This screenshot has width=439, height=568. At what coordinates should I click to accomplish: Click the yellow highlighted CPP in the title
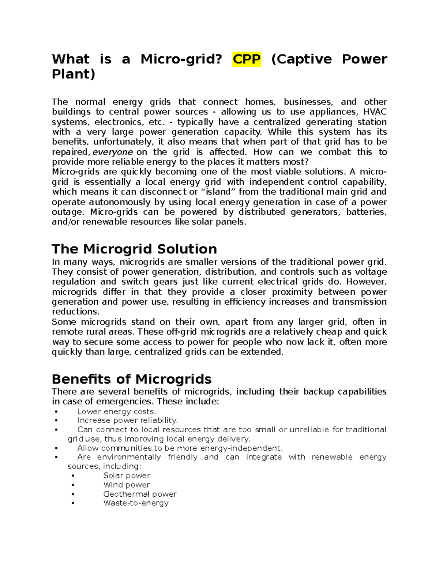[247, 59]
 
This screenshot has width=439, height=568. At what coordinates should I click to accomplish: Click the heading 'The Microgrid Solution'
[134, 249]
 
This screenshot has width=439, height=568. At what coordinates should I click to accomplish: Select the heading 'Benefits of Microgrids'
[132, 379]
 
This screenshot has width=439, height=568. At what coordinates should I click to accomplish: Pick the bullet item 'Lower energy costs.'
[117, 411]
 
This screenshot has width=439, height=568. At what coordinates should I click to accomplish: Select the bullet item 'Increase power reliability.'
[127, 421]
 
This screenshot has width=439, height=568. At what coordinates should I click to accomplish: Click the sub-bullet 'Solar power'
[127, 475]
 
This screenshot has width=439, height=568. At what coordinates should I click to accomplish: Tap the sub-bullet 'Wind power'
[126, 485]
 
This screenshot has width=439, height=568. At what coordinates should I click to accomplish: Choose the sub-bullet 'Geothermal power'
[140, 494]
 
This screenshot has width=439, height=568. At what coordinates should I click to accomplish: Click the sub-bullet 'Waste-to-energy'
[136, 503]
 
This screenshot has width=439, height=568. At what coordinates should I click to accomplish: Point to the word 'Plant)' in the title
[73, 74]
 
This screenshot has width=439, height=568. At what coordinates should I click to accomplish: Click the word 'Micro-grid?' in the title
[181, 59]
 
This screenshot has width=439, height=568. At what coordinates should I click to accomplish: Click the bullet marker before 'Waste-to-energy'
[73, 503]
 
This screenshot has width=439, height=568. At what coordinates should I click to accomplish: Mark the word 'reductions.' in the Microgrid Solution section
[76, 312]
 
